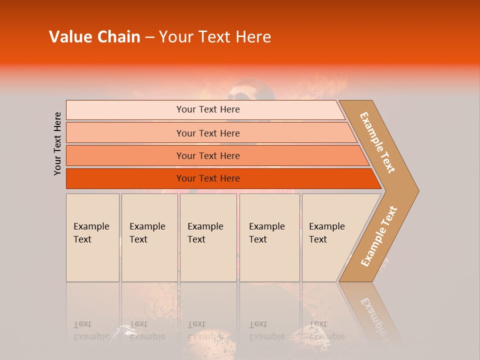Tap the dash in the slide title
coord(149,37)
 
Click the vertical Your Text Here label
coord(57,143)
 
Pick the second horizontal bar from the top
coord(207,133)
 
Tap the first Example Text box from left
coord(92,237)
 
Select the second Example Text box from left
coord(149,237)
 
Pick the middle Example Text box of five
coord(208,237)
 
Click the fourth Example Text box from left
coord(269,237)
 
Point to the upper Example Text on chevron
coord(377,142)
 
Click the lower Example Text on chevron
coord(378,236)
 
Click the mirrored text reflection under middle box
coord(205,330)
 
